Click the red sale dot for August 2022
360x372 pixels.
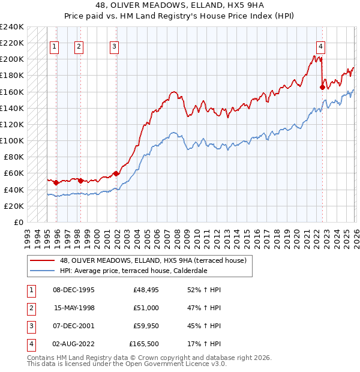coord(322,87)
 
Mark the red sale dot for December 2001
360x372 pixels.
coord(115,173)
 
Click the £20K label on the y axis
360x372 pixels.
coord(14,206)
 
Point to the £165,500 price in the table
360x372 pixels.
coord(145,344)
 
